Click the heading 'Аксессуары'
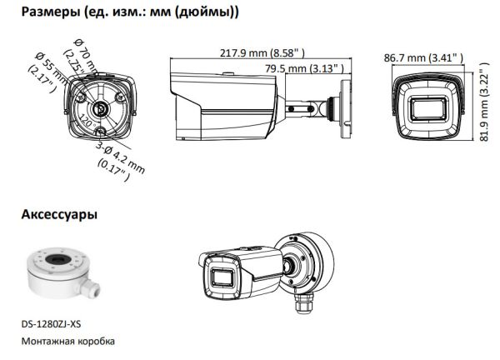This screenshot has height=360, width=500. point(58,215)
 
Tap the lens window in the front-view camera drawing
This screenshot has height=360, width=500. point(427,111)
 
